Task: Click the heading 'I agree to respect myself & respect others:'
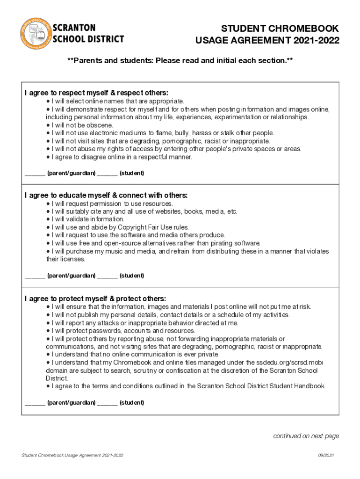point(96,93)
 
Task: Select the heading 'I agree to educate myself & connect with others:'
point(106,195)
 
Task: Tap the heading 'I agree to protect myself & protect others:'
point(95,298)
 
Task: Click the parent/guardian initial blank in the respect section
point(35,174)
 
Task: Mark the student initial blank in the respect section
point(108,174)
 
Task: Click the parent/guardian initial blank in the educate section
point(35,276)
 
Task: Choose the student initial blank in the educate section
point(108,276)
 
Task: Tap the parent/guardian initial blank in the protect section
point(35,403)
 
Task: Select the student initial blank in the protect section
point(108,403)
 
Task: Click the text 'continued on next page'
point(306,436)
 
